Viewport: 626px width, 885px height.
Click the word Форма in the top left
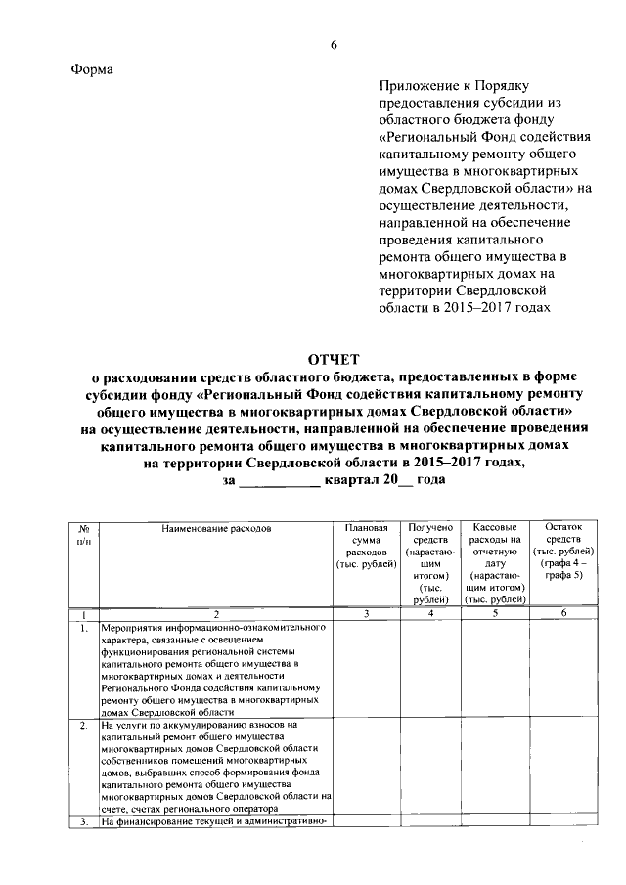click(x=93, y=69)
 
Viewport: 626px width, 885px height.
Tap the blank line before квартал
click(x=279, y=481)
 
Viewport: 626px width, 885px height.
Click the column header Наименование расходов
click(x=216, y=528)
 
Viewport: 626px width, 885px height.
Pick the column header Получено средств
click(x=430, y=557)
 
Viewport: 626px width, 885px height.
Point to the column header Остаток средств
click(x=562, y=552)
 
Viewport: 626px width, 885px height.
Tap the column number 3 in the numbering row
click(x=365, y=613)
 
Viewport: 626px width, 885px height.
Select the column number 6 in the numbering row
click(x=562, y=613)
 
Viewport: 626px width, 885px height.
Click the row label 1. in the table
click(x=85, y=629)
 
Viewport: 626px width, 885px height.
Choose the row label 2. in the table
click(x=85, y=726)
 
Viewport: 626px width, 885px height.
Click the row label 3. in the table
click(x=85, y=821)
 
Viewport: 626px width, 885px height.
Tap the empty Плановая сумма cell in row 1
click(x=365, y=670)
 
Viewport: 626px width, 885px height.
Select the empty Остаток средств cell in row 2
click(x=562, y=767)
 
